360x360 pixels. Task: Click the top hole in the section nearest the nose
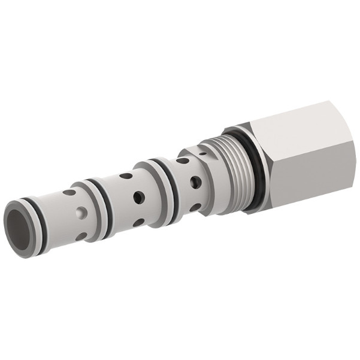[71, 193]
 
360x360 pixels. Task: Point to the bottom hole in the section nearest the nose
[81, 235]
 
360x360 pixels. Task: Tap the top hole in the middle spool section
[125, 177]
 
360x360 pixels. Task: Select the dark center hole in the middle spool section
[138, 198]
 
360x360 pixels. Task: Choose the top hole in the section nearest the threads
[182, 161]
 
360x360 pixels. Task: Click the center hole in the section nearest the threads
[195, 182]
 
